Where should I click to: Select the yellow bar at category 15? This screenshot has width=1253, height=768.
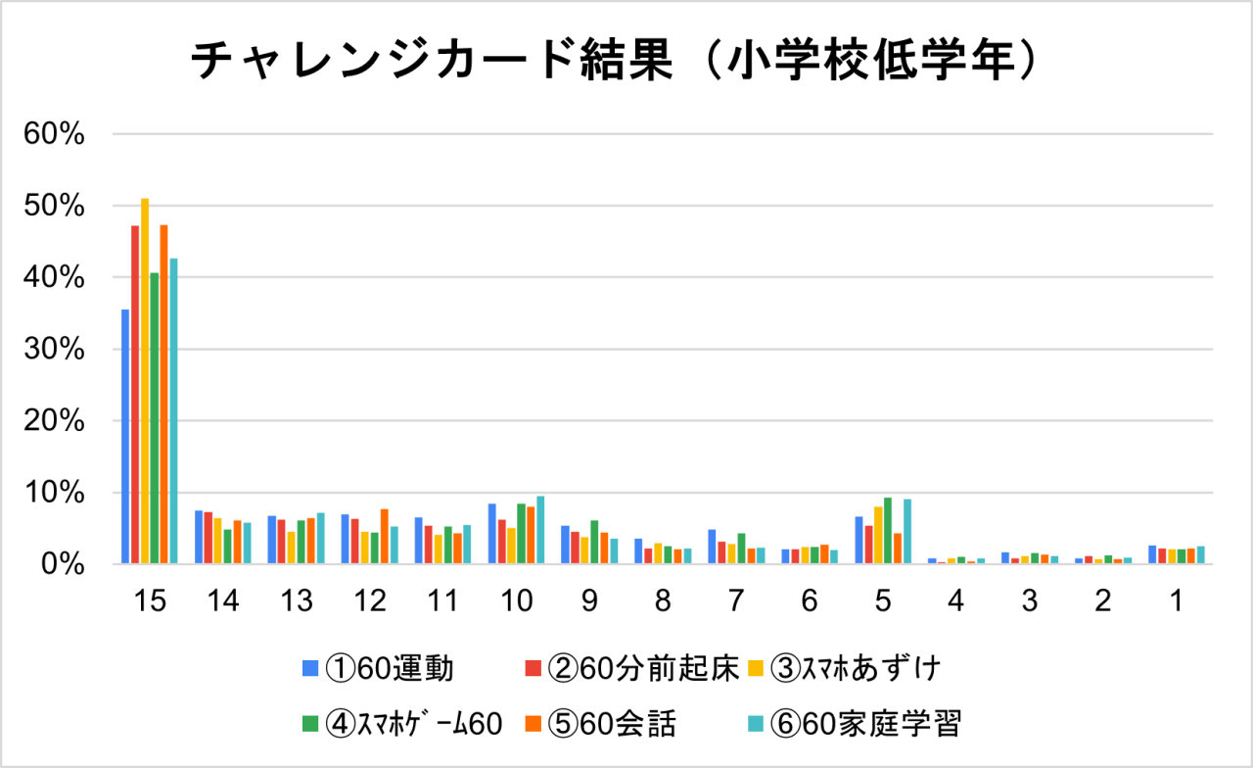click(145, 382)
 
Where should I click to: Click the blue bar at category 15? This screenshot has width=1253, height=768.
click(125, 437)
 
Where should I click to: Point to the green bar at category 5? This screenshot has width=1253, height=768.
click(888, 532)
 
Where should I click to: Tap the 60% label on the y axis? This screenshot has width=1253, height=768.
click(57, 134)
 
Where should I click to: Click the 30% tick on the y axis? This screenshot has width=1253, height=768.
click(57, 350)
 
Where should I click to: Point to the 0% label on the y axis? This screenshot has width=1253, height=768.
click(65, 565)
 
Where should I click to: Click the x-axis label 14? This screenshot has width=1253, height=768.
click(223, 601)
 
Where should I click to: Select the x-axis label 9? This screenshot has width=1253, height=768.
click(589, 601)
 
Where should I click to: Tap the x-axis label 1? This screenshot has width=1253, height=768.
click(1176, 601)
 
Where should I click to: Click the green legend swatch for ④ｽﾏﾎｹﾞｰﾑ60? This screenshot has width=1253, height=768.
click(310, 724)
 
